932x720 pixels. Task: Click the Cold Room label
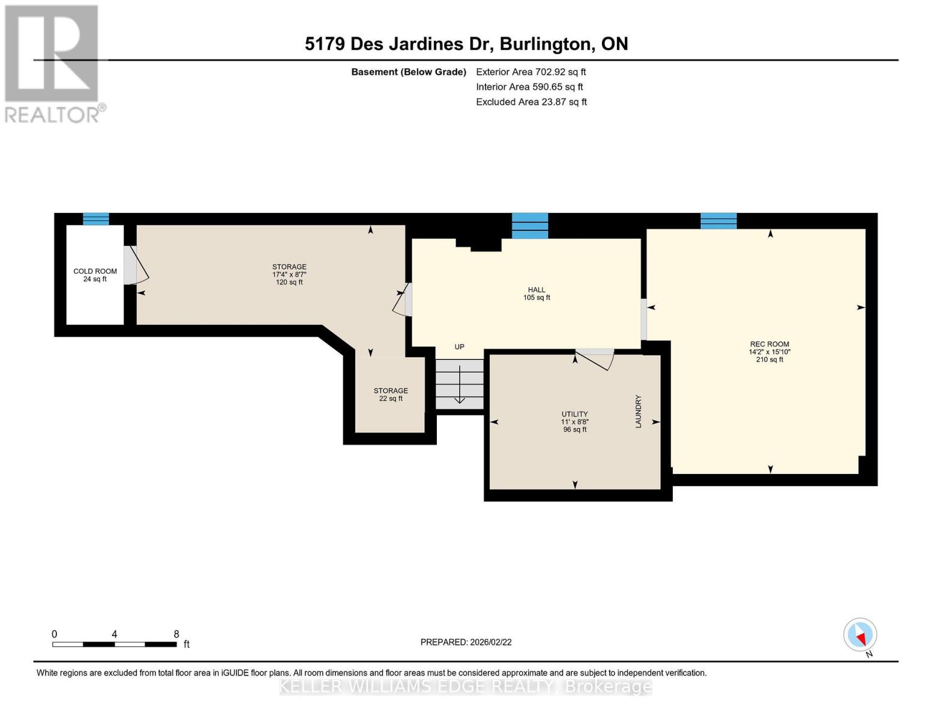tap(95, 271)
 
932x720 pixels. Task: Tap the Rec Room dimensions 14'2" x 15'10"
tap(769, 352)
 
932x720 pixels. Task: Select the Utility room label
tap(574, 414)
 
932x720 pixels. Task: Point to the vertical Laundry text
tap(639, 411)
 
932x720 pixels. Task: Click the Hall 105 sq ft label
tap(537, 294)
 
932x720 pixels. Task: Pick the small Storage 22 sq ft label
tap(391, 394)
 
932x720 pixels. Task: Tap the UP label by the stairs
tap(459, 347)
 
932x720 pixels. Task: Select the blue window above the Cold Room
tap(95, 219)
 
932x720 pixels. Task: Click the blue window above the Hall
tap(529, 226)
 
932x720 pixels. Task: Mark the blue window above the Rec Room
tap(718, 221)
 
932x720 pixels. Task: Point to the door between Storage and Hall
tap(403, 299)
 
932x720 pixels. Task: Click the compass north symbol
tap(860, 635)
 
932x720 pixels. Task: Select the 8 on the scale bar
tap(176, 634)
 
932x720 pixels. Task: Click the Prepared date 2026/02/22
tap(466, 642)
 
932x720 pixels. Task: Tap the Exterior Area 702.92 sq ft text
tap(531, 72)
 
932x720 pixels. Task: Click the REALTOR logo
tap(52, 63)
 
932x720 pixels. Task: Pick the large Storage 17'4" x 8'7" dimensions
tap(289, 274)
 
